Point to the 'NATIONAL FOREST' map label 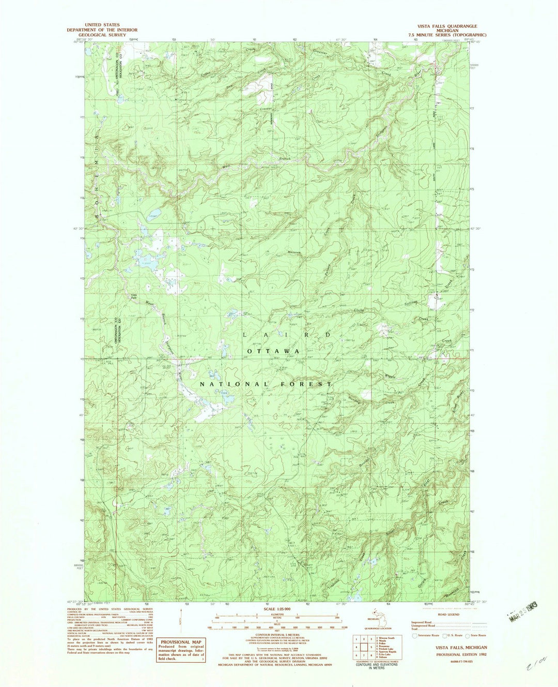266,384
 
